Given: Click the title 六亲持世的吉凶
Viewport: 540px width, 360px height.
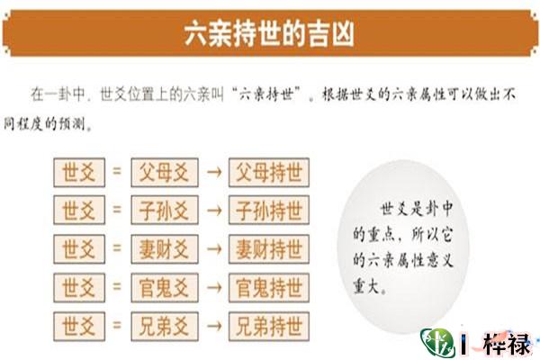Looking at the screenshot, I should [x=269, y=35].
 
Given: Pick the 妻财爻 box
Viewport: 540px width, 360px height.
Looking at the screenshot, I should [x=164, y=248].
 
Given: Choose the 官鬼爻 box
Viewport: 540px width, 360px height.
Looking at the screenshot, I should [x=164, y=287].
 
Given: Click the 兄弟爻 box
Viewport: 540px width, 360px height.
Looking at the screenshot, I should [x=164, y=324].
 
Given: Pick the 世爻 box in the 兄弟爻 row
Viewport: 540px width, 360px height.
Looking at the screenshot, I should [x=77, y=324].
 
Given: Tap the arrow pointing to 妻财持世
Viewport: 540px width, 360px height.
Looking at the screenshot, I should [x=214, y=248].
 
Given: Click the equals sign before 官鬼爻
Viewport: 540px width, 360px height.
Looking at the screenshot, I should [x=117, y=287].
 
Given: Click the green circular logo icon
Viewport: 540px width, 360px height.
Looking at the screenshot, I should [x=438, y=344].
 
